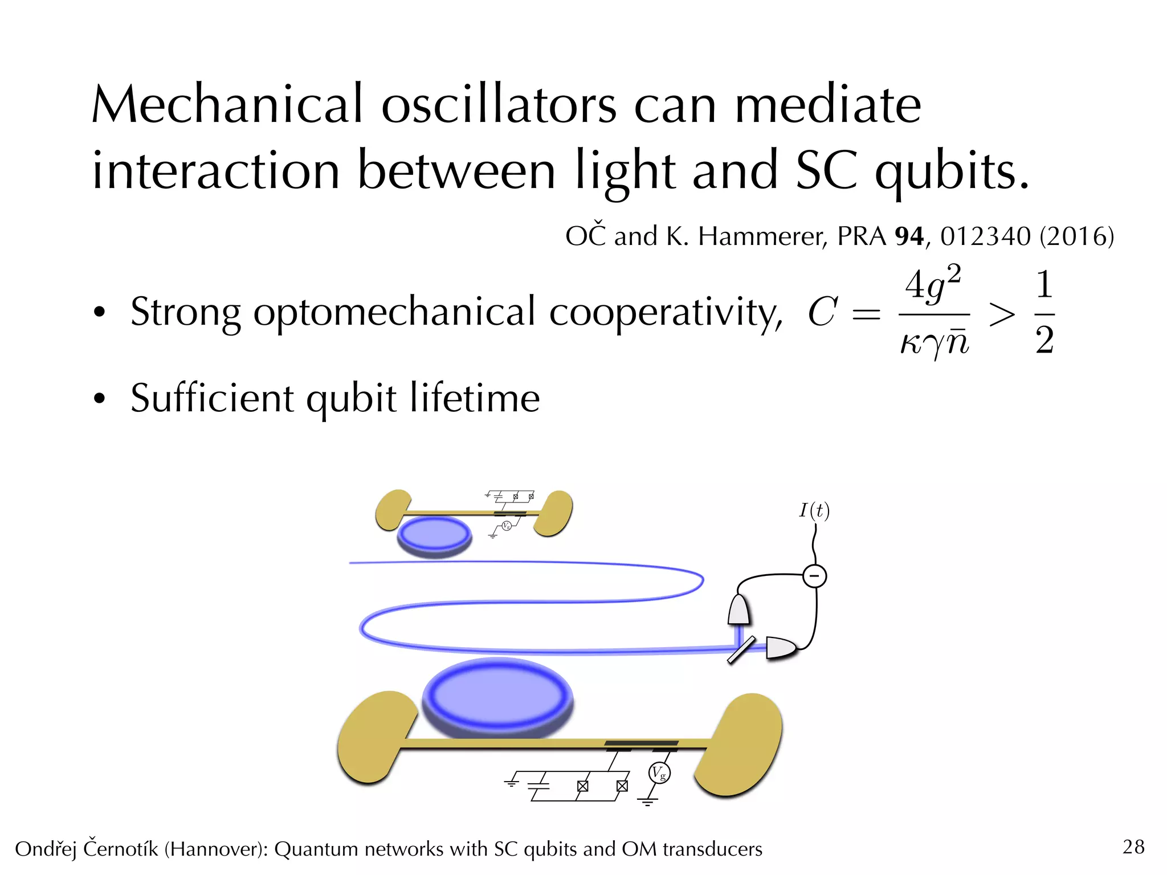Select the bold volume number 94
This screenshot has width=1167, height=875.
tap(909, 236)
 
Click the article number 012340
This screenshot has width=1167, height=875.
tap(985, 236)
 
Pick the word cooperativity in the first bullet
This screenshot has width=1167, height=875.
tap(665, 313)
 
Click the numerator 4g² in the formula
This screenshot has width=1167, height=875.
tap(933, 283)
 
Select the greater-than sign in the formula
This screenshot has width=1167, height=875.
tap(1002, 314)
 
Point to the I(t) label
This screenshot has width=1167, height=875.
tap(814, 510)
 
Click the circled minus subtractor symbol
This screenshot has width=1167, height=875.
tap(814, 576)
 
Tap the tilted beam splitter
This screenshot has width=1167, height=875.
tap(741, 650)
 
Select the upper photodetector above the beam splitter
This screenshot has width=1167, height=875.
tap(738, 610)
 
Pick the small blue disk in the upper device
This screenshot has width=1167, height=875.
tap(434, 535)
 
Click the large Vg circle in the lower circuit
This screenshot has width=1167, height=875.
tap(659, 773)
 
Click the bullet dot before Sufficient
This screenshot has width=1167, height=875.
tap(100, 398)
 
